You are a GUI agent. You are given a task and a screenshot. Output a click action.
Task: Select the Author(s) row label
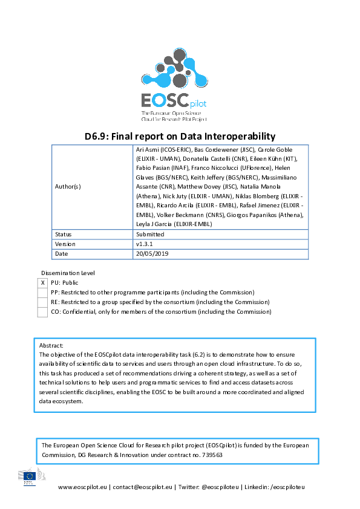[68, 187]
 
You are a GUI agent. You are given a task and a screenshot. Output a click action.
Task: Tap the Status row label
[64, 234]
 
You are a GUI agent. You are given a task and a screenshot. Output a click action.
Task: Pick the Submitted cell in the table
[150, 234]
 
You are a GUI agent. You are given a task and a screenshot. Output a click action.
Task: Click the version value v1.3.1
[146, 244]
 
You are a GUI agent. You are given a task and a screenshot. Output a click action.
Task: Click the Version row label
[65, 244]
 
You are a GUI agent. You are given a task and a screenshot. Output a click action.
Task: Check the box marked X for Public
[42, 282]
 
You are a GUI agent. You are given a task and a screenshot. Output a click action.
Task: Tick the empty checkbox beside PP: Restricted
[42, 292]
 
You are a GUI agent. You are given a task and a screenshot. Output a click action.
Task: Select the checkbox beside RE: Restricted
[42, 302]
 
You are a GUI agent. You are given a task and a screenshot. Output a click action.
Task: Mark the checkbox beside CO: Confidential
[42, 312]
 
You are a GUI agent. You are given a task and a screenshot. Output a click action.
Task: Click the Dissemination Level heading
[68, 273]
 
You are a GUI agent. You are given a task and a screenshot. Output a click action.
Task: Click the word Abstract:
[51, 345]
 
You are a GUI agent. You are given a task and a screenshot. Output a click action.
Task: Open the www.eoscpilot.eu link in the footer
[82, 487]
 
